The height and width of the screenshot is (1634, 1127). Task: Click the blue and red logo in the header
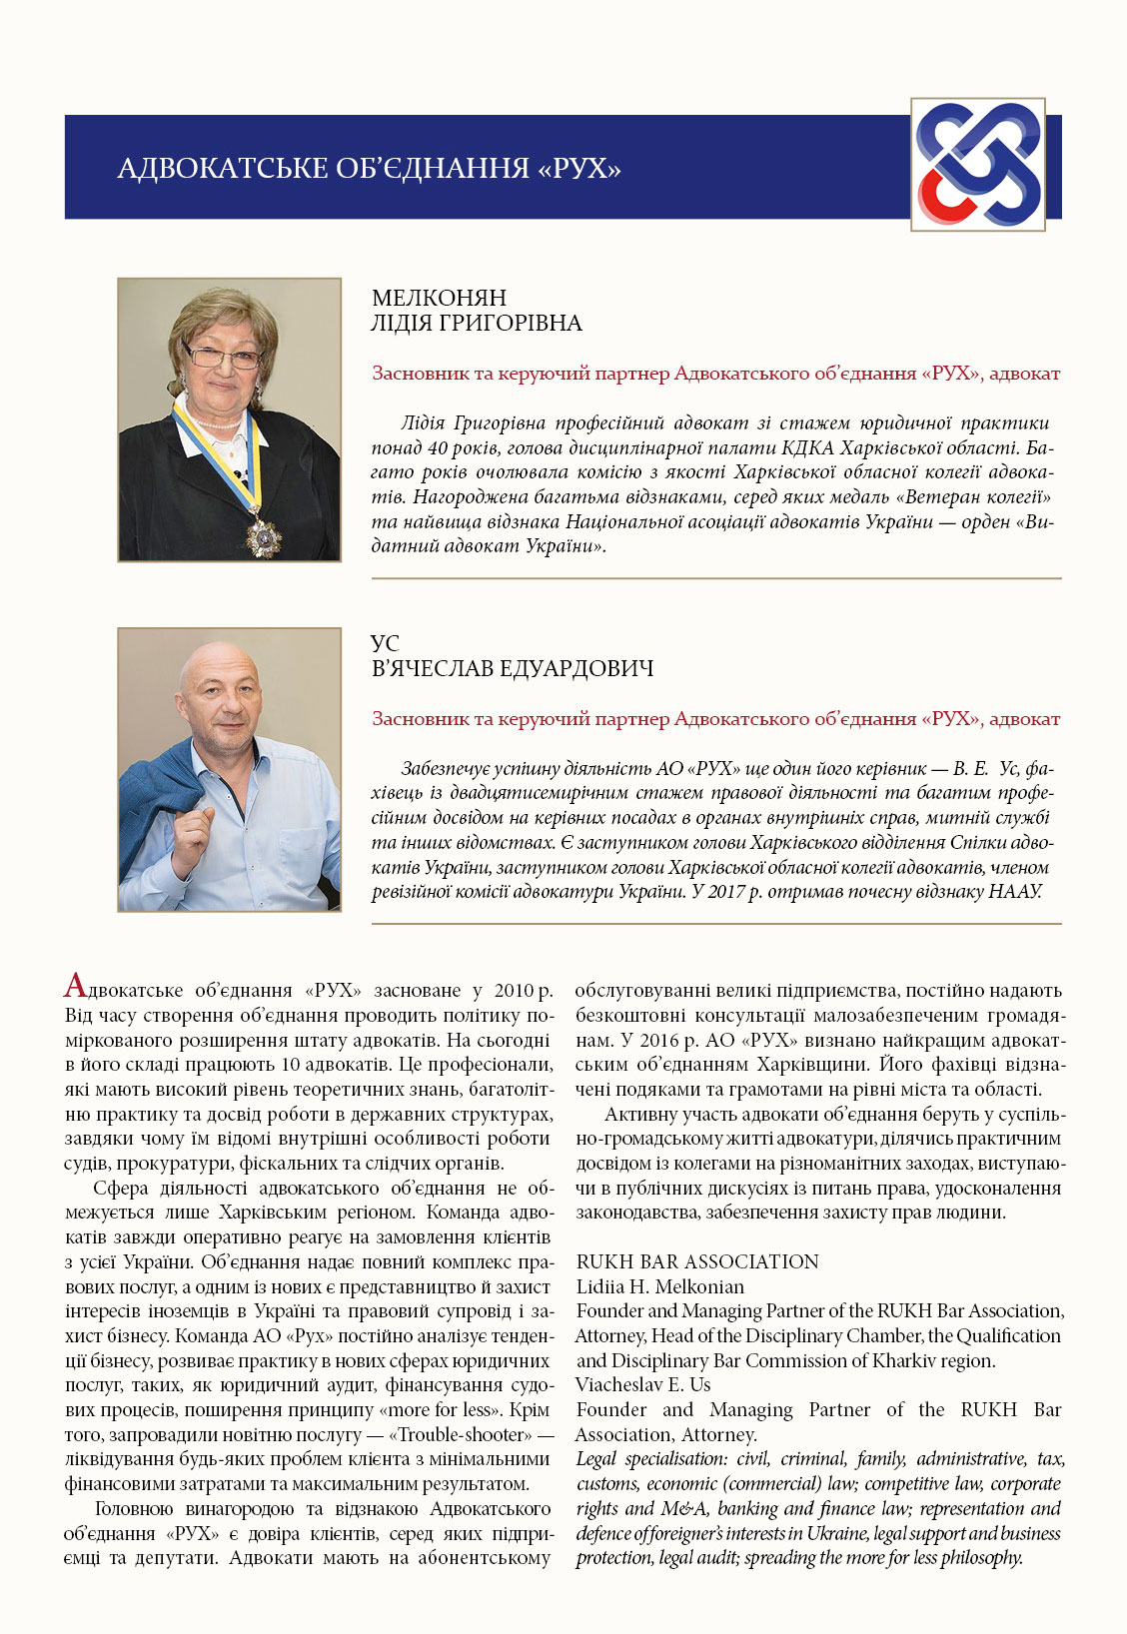click(977, 165)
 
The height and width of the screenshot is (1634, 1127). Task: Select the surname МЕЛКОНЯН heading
click(439, 298)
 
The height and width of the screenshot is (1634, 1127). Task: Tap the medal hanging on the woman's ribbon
click(264, 534)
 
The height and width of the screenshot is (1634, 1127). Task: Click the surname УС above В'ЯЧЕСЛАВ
click(385, 644)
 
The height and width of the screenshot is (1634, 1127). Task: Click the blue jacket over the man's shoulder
click(160, 789)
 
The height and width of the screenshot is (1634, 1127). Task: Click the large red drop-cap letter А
click(76, 987)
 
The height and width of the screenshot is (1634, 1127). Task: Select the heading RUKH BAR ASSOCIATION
click(697, 1261)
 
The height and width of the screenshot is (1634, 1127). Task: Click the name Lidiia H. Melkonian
click(659, 1286)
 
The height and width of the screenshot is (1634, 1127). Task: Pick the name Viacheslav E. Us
click(642, 1384)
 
